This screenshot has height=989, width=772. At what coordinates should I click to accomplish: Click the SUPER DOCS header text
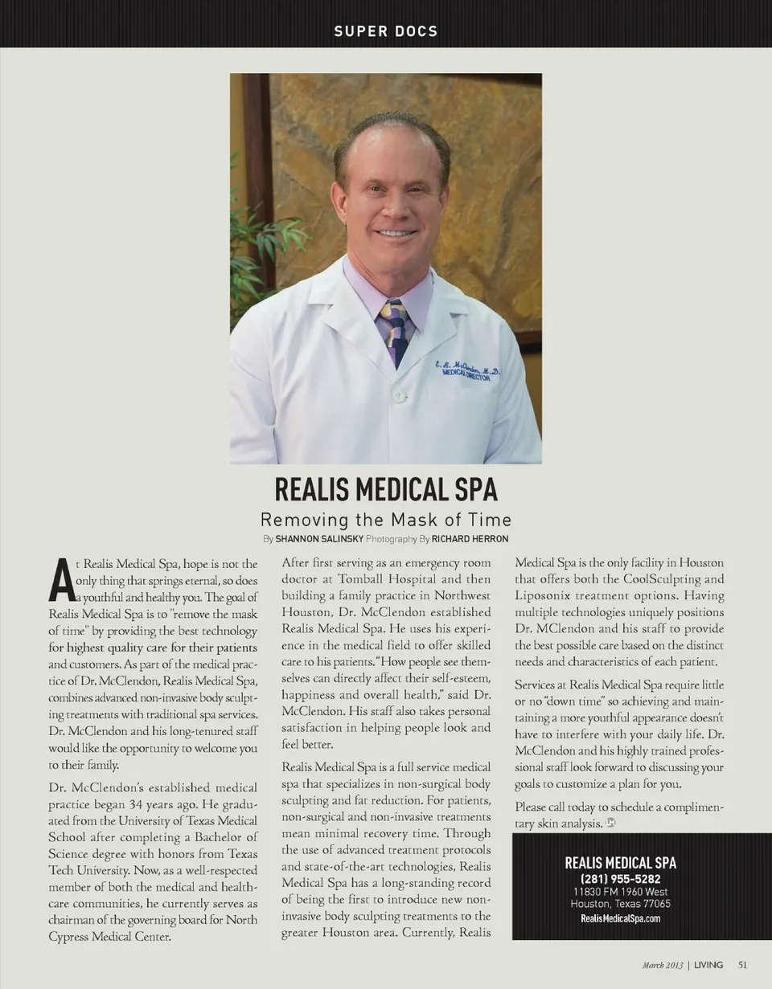[x=386, y=31]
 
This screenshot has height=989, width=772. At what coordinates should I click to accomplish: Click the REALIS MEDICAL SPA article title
[x=386, y=489]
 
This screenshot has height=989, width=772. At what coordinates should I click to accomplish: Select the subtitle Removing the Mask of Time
[x=386, y=520]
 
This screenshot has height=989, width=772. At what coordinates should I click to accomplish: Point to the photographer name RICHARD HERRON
[x=470, y=539]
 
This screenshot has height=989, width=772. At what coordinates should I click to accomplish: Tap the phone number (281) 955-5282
[x=620, y=879]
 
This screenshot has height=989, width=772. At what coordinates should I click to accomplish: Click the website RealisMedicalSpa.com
[x=620, y=918]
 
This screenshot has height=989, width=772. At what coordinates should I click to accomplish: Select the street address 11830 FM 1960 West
[x=620, y=892]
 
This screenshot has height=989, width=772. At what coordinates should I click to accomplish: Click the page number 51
[x=743, y=965]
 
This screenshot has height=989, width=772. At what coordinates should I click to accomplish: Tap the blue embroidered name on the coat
[x=468, y=370]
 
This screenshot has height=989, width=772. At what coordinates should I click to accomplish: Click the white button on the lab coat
[x=398, y=395]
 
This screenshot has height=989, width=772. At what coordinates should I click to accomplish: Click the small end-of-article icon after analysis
[x=611, y=822]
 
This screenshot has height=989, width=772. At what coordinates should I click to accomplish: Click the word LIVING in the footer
[x=708, y=965]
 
